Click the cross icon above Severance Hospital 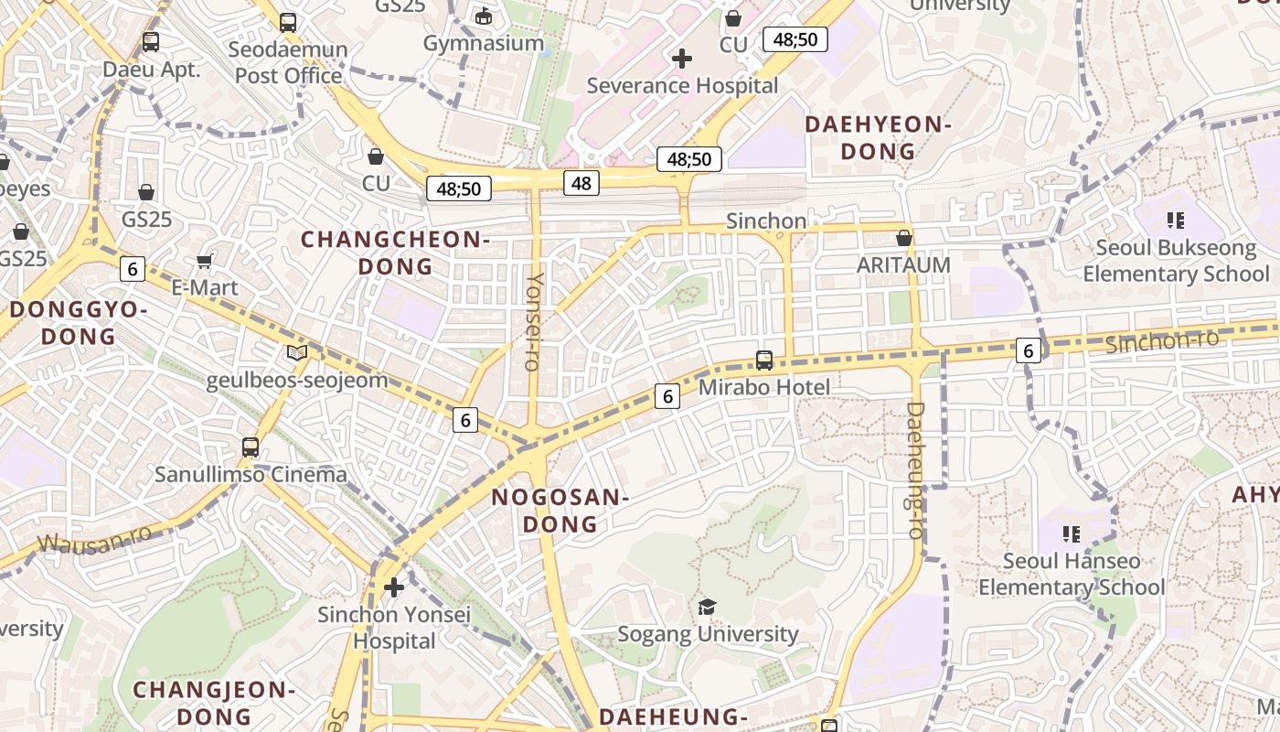681,59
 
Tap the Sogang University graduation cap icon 707,607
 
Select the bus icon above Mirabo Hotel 764,361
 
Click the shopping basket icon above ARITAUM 904,238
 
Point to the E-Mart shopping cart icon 205,261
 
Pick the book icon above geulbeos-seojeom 297,352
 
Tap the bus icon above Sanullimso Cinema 251,447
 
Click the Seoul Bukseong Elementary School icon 1176,221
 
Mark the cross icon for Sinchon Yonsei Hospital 394,587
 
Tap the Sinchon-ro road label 1161,341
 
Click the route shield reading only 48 581,183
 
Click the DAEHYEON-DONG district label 879,138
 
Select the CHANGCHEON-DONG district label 396,253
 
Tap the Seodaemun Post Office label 288,62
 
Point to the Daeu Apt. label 151,70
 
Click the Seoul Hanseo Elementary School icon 1072,533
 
